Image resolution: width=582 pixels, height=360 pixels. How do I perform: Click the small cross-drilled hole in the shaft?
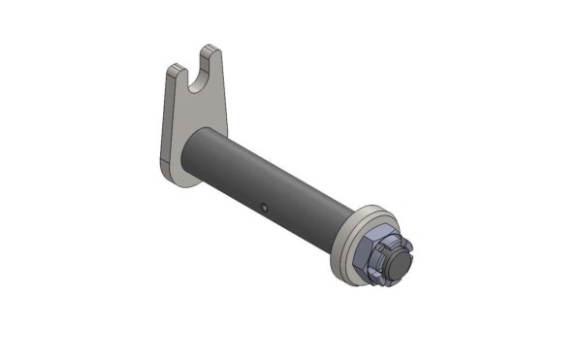click(x=265, y=206)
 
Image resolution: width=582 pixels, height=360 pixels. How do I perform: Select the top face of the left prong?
click(x=176, y=67)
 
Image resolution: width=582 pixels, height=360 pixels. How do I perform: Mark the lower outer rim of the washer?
click(x=344, y=280)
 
